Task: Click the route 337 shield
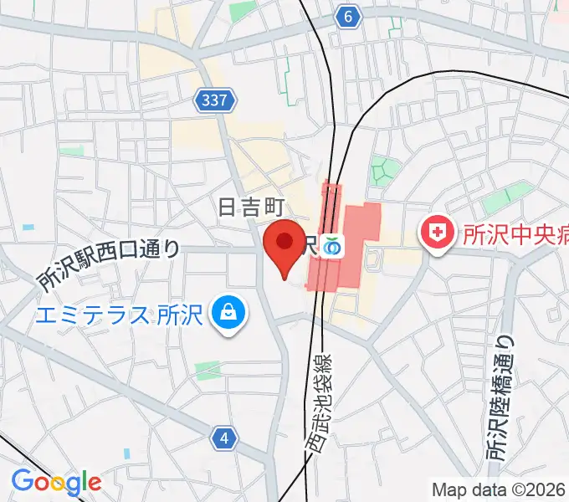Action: (214, 101)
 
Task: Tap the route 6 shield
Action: (348, 15)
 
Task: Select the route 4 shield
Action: (223, 437)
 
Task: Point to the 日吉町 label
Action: (251, 207)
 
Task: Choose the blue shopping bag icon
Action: (226, 315)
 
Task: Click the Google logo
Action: (56, 482)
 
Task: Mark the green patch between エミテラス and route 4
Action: (208, 369)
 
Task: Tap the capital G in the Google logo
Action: (21, 482)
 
